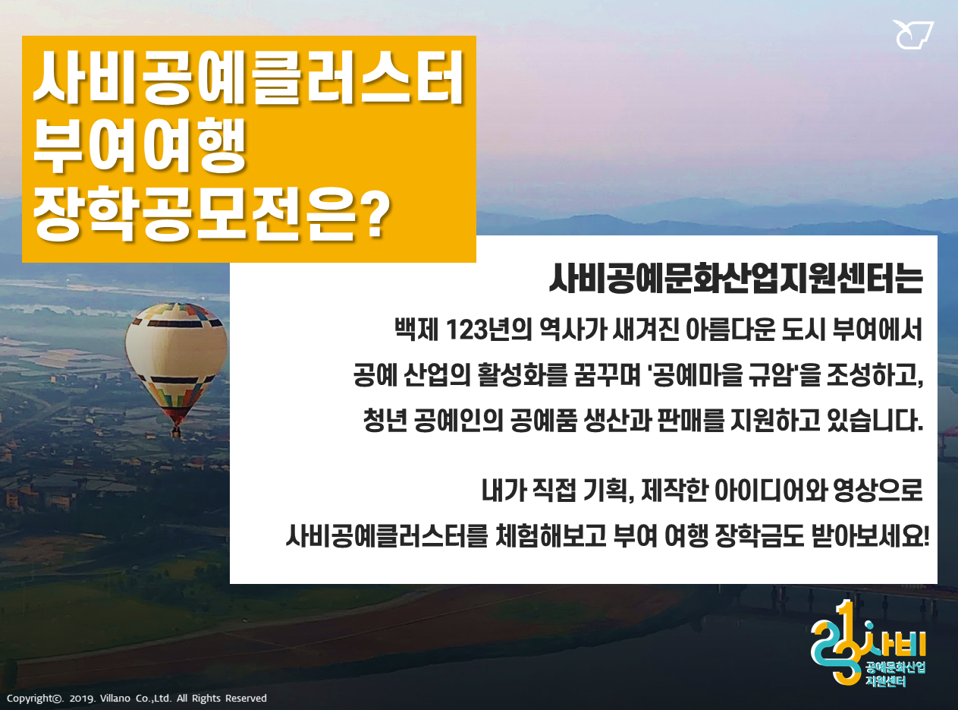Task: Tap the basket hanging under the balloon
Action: pos(176,432)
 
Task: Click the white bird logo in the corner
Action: pos(912,35)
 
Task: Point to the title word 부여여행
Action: pos(140,146)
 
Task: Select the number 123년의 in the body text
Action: pos(488,330)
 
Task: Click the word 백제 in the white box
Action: pos(416,330)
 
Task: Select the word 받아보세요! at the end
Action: pos(870,536)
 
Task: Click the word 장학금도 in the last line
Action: pos(759,536)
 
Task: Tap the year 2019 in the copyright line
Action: pos(82,699)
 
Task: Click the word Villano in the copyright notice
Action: pos(115,699)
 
